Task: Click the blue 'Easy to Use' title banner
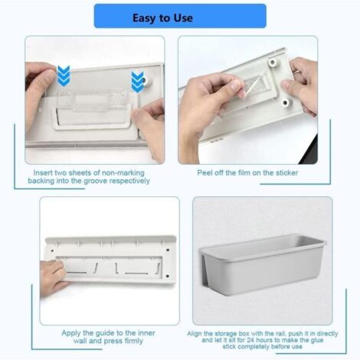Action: click(x=180, y=16)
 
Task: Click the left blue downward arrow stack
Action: click(x=64, y=76)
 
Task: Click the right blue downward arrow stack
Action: click(x=138, y=82)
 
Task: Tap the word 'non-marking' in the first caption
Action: click(x=123, y=173)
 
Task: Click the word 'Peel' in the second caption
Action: click(x=205, y=173)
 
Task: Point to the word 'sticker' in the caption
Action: click(x=286, y=173)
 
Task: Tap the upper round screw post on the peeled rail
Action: click(x=273, y=62)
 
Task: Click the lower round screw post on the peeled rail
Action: click(x=285, y=103)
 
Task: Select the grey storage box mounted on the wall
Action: click(x=263, y=265)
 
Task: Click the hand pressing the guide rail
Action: click(x=52, y=278)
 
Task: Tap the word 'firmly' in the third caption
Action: click(x=134, y=341)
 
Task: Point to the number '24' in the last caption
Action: click(x=251, y=340)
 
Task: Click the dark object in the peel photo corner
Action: click(x=309, y=151)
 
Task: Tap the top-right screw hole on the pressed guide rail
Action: click(x=168, y=250)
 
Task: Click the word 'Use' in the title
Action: click(x=183, y=18)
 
